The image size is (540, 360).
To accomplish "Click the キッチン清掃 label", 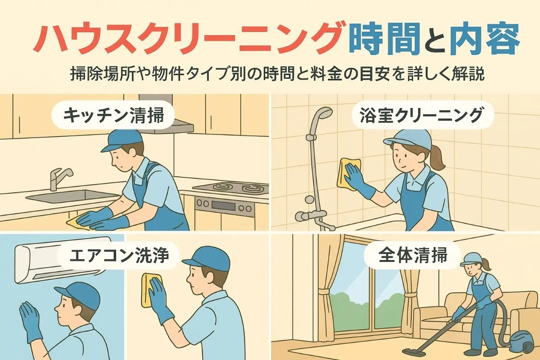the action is [113, 116].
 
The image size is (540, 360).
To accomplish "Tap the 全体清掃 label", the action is [413, 255].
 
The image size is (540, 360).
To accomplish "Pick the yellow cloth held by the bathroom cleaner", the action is [348, 172].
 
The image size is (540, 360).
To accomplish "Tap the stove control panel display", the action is [223, 206].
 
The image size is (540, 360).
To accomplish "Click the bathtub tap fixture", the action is [313, 218].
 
